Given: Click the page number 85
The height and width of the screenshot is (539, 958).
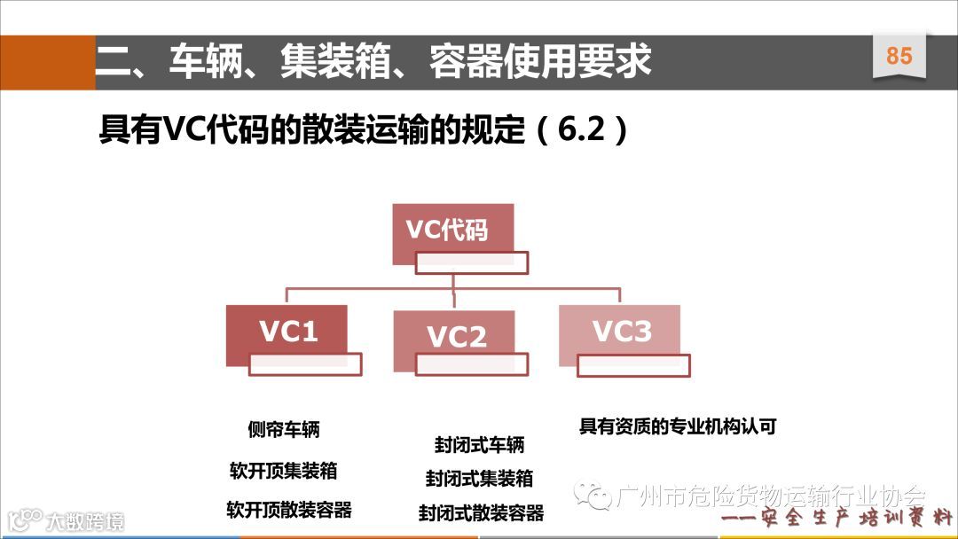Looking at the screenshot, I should click(x=899, y=56).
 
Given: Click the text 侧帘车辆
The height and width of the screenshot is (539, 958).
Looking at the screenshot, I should click(x=284, y=430).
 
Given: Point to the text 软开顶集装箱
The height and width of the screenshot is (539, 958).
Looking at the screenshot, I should click(x=284, y=471).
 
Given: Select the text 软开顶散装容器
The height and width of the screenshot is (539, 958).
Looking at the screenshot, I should click(x=289, y=510).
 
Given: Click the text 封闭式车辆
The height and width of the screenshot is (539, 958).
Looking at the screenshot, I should click(x=479, y=443).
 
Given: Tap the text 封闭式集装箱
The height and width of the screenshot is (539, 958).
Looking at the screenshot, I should click(x=479, y=478).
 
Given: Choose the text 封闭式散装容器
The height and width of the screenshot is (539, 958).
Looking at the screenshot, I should click(x=481, y=512).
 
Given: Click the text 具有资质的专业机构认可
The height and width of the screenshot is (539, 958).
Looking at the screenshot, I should click(x=678, y=426).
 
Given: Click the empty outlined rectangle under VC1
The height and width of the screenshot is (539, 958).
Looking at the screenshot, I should click(x=305, y=364).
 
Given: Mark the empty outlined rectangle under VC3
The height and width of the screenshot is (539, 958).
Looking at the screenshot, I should click(x=633, y=365).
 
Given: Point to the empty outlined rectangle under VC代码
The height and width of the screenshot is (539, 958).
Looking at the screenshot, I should click(x=472, y=262).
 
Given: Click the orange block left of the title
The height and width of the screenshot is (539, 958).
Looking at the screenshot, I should click(x=47, y=62).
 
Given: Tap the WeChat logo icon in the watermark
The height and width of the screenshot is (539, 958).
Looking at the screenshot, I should click(x=591, y=494).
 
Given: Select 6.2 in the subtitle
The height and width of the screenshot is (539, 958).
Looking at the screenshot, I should click(x=581, y=130).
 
